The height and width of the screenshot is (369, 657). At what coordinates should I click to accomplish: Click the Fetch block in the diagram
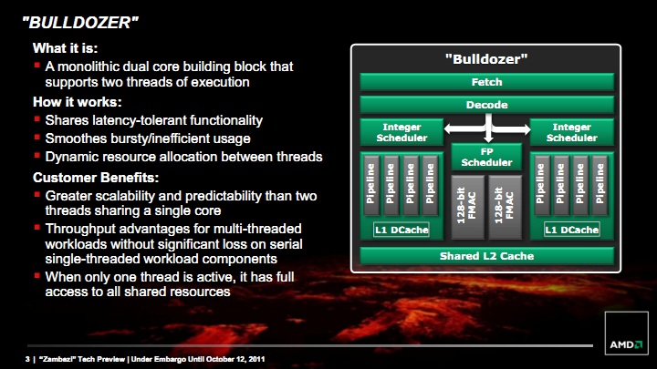487,82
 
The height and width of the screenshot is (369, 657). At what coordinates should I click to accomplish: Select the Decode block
487,105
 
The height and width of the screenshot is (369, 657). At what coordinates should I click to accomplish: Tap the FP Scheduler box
486,157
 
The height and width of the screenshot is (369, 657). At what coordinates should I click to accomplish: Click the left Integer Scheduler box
401,132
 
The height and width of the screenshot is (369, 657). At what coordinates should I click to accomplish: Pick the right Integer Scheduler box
572,132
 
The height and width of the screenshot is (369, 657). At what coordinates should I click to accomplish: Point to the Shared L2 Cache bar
487,256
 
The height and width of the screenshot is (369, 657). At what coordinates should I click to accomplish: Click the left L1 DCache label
401,230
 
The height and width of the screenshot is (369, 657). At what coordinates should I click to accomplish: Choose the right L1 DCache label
572,230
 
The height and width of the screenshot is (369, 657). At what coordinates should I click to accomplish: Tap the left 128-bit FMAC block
467,208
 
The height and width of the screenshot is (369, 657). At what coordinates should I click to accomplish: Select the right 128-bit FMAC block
505,208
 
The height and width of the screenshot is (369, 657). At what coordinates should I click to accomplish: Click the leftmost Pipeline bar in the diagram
370,184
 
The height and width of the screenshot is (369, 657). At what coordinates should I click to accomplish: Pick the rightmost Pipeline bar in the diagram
600,184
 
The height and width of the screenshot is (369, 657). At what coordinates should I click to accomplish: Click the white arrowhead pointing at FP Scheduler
488,138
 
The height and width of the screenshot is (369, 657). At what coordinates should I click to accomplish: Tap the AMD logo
626,344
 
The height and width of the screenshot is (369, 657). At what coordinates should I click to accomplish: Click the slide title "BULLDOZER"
80,23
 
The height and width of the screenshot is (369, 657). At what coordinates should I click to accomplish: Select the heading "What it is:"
66,48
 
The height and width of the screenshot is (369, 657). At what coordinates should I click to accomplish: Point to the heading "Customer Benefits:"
96,178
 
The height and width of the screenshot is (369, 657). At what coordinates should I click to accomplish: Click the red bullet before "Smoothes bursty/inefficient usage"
37,138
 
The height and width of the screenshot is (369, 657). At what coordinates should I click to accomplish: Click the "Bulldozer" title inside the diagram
486,59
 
